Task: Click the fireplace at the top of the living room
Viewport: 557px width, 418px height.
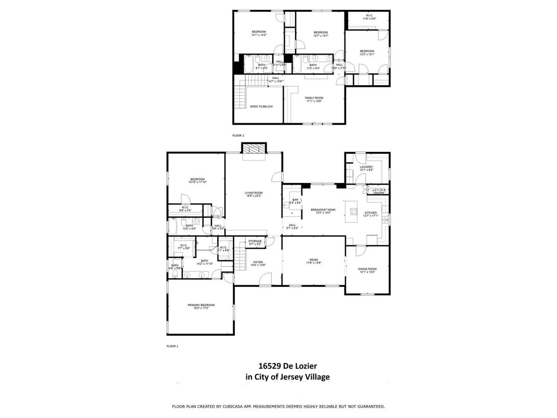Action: tap(254, 149)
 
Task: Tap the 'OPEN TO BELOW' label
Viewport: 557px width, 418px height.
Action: tap(261, 107)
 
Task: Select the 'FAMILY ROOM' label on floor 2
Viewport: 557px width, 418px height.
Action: tap(314, 98)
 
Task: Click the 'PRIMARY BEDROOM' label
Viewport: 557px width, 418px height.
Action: tap(201, 305)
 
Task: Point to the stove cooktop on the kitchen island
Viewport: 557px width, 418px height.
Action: tap(354, 211)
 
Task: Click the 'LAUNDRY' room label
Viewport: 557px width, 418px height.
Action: tap(366, 167)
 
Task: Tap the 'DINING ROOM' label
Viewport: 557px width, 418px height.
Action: tap(367, 269)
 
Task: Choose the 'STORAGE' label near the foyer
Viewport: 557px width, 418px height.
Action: tap(255, 241)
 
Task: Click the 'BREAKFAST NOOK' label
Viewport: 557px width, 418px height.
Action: tap(323, 210)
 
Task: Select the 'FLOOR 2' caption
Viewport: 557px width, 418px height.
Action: tap(238, 135)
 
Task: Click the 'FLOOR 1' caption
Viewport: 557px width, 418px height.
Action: tap(172, 346)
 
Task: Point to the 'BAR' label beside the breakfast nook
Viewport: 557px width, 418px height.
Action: tap(295, 200)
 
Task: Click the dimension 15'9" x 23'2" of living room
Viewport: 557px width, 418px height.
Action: tap(254, 196)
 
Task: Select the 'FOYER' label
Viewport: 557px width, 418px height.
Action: tap(258, 262)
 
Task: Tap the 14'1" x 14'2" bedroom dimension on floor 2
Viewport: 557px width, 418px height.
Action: tap(259, 35)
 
